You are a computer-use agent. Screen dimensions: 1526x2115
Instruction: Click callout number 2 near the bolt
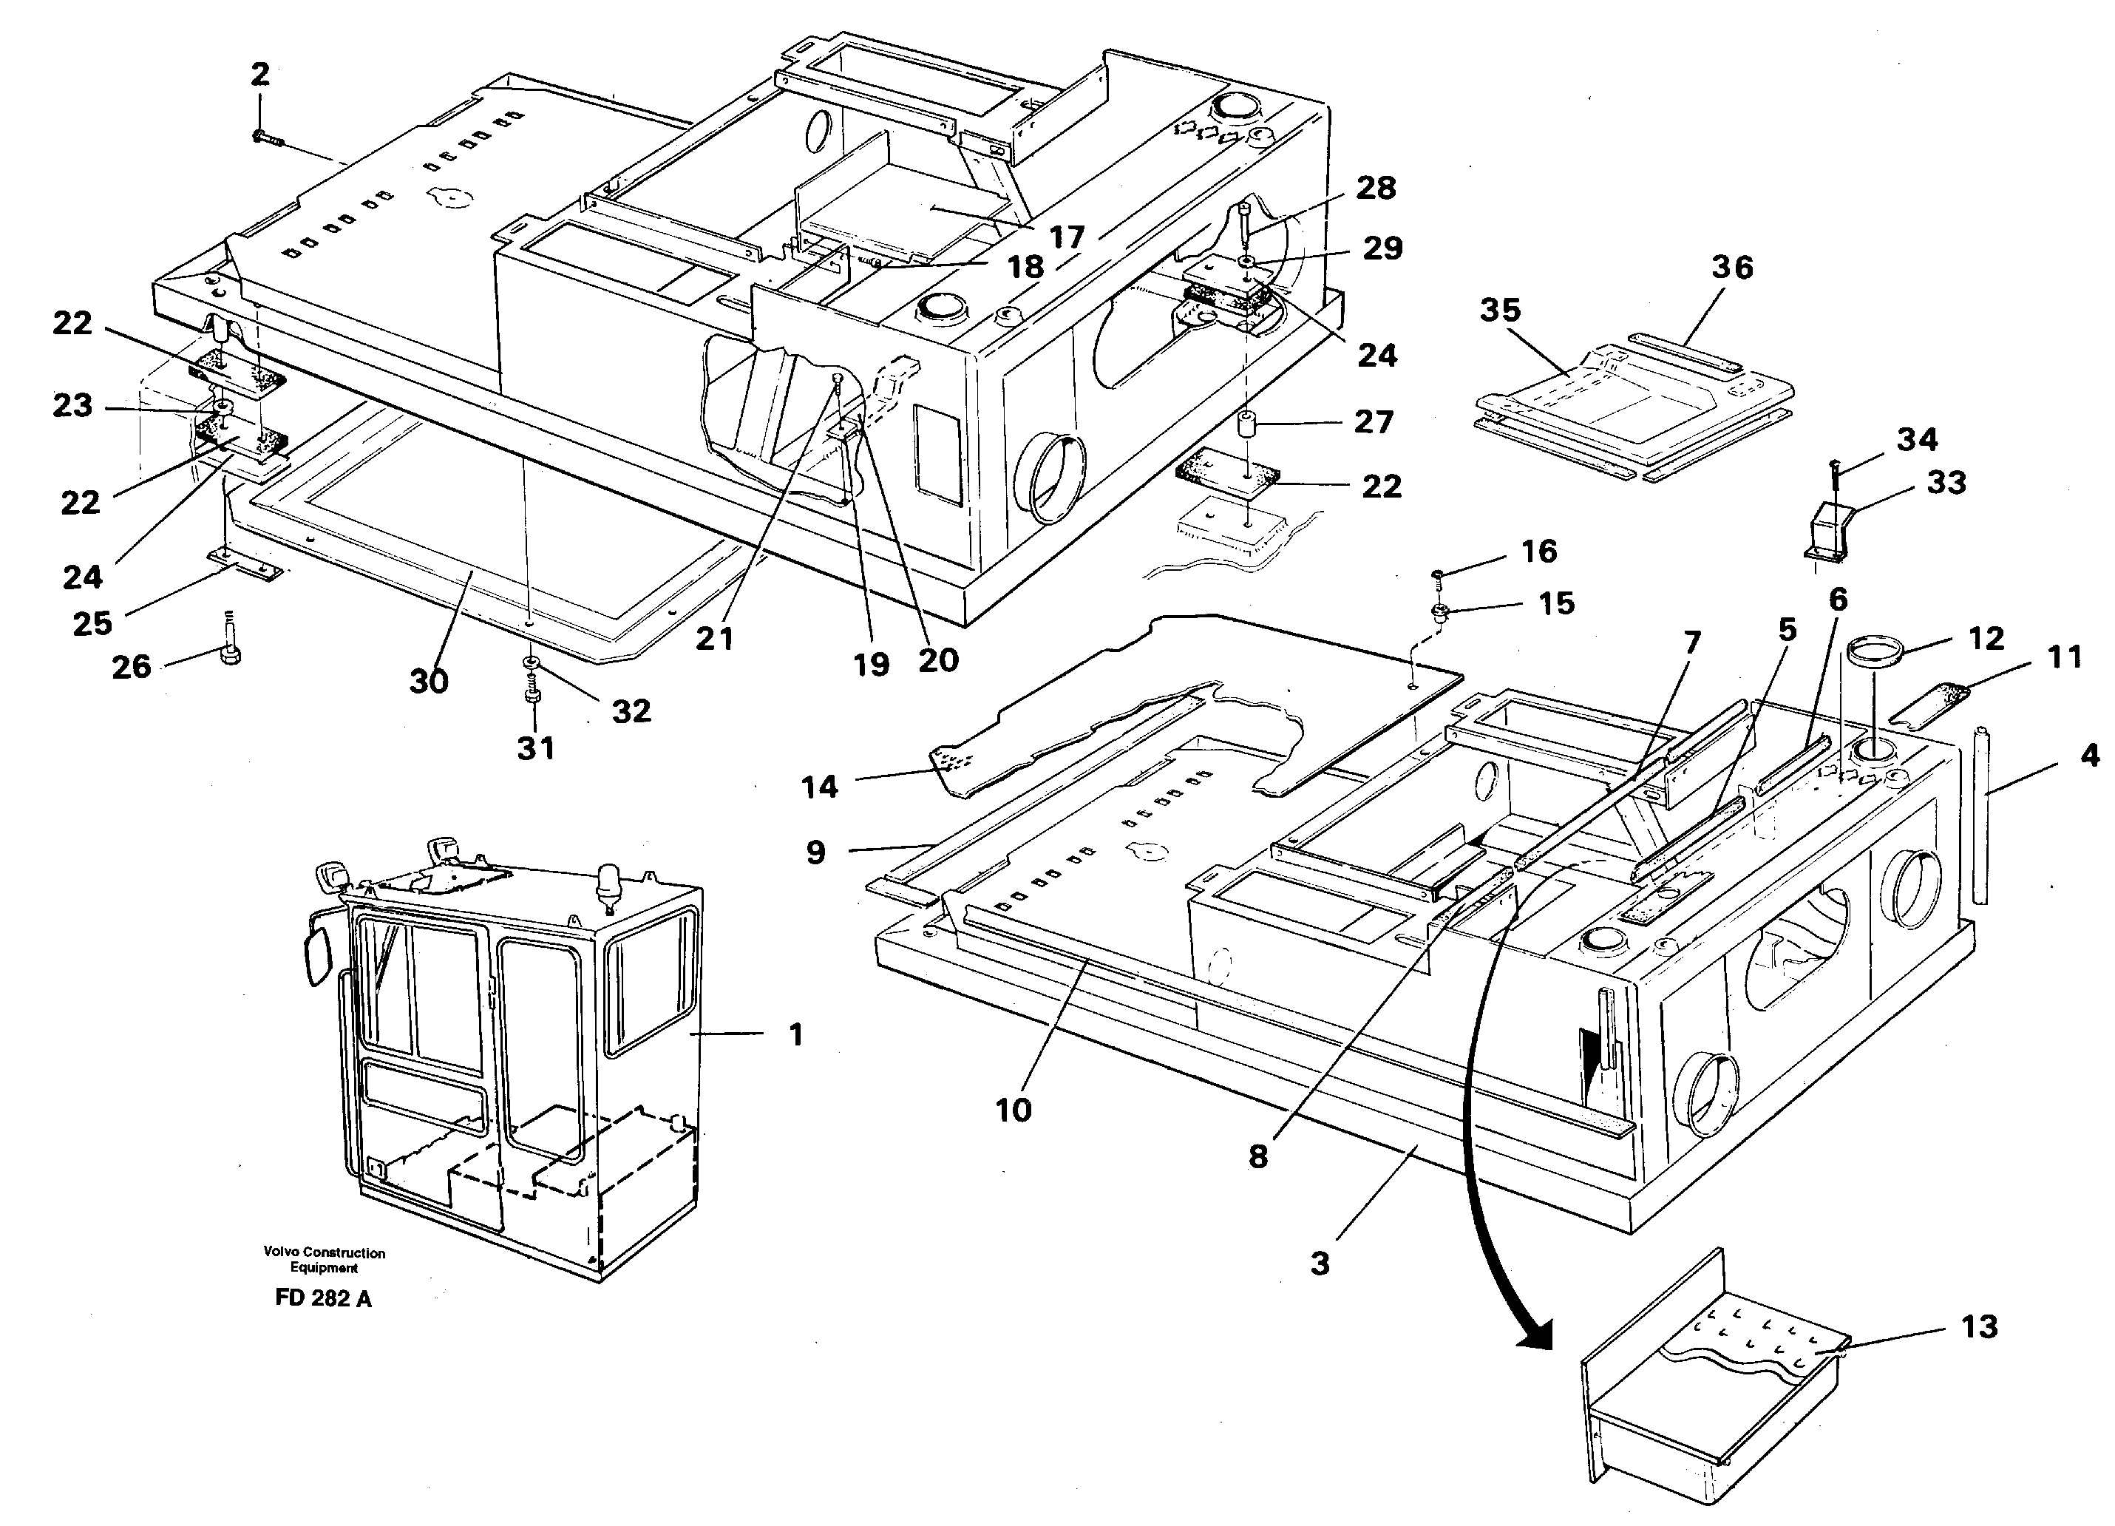pos(260,74)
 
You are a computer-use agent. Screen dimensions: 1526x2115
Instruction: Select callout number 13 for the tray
pos(1979,1326)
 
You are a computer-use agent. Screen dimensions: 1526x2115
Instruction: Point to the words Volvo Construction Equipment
pos(324,1260)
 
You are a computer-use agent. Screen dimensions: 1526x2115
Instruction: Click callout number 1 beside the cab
pos(795,1034)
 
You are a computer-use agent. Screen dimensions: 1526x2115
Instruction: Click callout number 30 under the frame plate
pos(429,682)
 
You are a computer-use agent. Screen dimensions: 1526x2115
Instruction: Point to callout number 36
pos(1732,268)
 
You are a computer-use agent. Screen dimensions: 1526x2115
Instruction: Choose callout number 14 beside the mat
pos(820,787)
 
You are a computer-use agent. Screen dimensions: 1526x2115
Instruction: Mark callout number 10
pos(1014,1110)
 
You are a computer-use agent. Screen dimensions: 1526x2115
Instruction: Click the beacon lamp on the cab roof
pos(609,878)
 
